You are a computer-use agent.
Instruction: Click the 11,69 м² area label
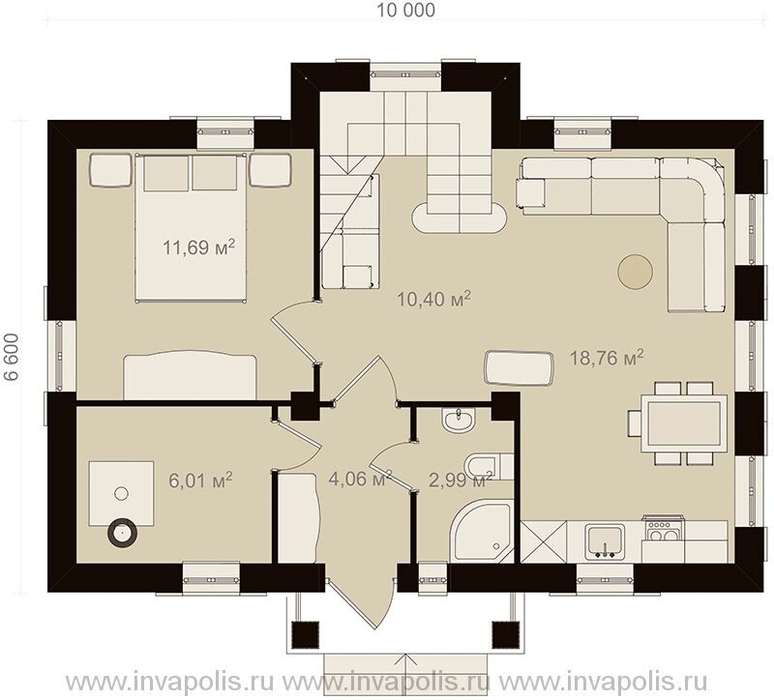coord(198,247)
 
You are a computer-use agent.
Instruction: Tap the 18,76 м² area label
coord(607,358)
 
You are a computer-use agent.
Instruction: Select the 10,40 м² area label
coord(433,299)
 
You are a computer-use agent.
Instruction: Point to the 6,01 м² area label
coord(200,480)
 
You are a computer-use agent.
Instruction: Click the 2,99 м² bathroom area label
coord(461,480)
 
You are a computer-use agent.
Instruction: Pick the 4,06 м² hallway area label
coord(360,479)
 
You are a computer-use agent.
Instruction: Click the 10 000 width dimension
coord(406,10)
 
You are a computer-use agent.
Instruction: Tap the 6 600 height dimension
coord(12,357)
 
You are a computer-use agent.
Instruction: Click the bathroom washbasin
coord(459,421)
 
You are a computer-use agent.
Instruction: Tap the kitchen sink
coord(604,541)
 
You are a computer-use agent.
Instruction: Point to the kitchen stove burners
coord(663,531)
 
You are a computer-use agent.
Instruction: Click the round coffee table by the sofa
coord(635,272)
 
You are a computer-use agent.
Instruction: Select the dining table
coord(684,423)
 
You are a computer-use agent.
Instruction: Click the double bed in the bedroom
coord(191,227)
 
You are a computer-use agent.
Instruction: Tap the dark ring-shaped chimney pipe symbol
coord(122,533)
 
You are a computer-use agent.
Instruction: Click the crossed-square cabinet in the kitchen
coord(543,541)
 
